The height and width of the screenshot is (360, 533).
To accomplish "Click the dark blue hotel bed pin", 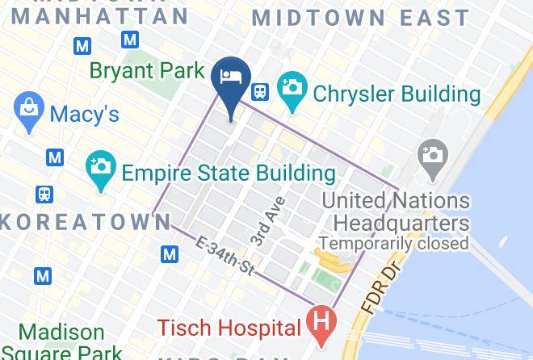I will tap(229, 80).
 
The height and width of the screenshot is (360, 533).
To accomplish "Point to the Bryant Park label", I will tap(146, 71).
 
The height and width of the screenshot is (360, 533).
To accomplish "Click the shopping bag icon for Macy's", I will tap(29, 112).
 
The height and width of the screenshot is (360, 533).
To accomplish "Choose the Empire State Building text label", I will tap(228, 173).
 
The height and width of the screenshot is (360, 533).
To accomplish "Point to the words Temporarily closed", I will tap(393, 243).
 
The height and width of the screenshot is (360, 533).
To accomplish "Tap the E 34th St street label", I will tap(226, 253).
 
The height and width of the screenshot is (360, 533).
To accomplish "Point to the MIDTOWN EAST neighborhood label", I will tap(360, 18).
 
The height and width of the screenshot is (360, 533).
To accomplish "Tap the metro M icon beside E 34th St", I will tap(170, 255).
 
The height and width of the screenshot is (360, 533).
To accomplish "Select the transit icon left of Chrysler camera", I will tap(260, 91).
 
